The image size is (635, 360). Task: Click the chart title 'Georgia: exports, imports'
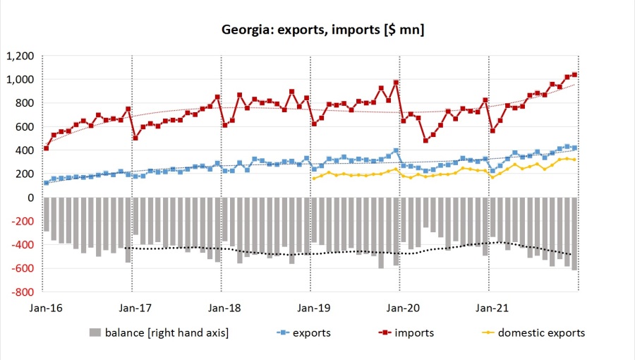tap(322, 29)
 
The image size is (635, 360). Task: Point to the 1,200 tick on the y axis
tap(20, 56)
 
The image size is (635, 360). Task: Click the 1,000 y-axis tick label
tap(20, 80)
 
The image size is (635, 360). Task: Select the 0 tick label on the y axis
tap(31, 198)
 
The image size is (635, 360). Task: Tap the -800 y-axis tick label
tap(23, 292)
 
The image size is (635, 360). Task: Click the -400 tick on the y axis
tap(23, 245)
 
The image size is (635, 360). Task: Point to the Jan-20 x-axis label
tap(400, 308)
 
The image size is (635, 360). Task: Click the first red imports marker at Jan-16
tap(47, 148)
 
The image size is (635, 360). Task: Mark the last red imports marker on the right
tap(575, 75)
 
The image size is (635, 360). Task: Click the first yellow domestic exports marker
tap(314, 178)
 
